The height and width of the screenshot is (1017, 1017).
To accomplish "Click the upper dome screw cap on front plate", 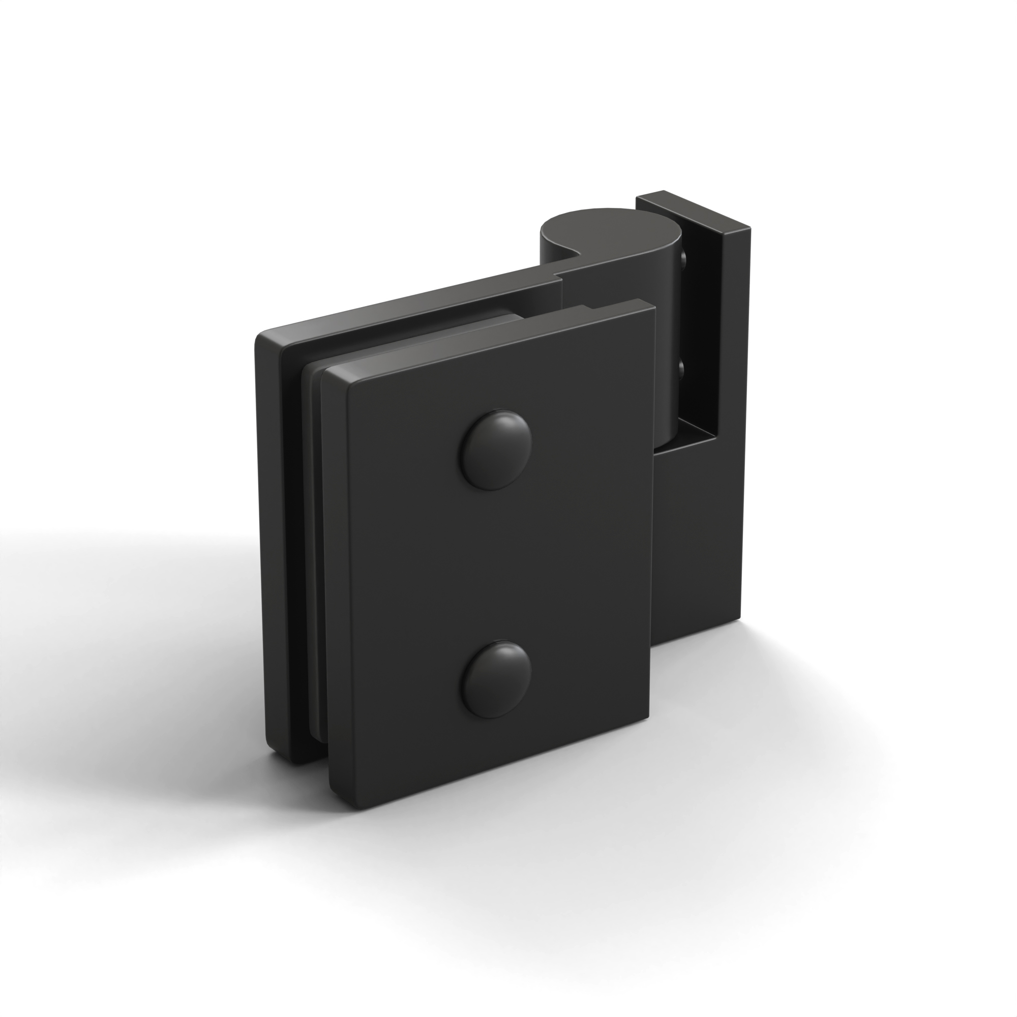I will coord(496,450).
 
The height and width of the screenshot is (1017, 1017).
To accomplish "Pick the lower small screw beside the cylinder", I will coord(683,369).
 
